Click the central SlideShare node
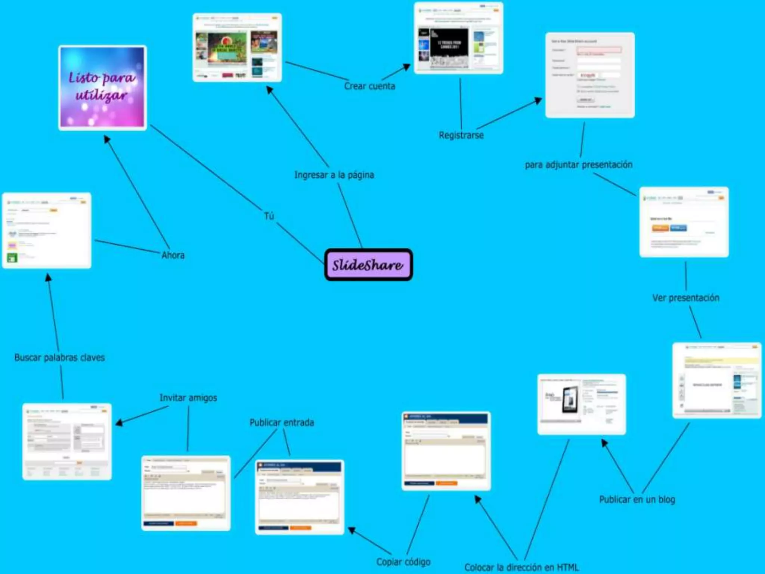pos(368,265)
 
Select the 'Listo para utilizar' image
pos(102,88)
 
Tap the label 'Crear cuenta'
pos(369,86)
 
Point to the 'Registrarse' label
pos(461,135)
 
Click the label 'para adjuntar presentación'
pos(578,165)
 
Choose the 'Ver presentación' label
pos(685,298)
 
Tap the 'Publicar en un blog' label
pos(637,500)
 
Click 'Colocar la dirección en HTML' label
pos(521,567)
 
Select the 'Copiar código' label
pos(403,562)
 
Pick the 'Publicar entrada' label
pos(282,423)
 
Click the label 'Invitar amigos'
pos(188,398)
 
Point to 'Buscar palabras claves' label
pos(59,358)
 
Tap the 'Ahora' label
pos(173,255)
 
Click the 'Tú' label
pos(269,216)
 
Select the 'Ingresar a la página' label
pos(334,175)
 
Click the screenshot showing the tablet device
pos(581,404)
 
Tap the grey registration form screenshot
pos(590,75)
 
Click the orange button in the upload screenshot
pos(660,228)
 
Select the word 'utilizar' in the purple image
pos(101,96)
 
